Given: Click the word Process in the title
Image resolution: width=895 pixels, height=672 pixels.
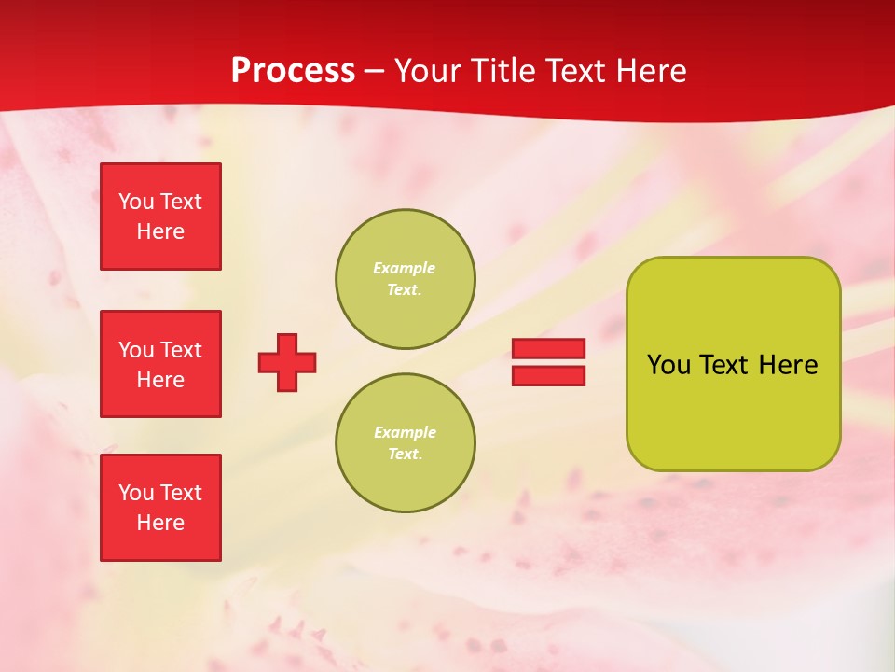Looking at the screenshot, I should [293, 71].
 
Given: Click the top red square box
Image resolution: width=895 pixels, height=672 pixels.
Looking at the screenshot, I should [160, 217].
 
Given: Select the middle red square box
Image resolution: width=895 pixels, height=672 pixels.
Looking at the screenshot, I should [160, 364].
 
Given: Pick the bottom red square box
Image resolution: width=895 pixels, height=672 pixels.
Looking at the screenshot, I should [160, 508].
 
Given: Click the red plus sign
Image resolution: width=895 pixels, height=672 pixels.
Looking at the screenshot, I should [287, 362].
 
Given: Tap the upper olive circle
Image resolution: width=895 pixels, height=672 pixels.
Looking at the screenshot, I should [406, 279].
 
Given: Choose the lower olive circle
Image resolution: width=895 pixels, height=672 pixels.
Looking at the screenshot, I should [406, 443].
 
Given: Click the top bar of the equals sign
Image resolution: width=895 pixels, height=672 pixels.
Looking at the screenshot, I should [548, 349].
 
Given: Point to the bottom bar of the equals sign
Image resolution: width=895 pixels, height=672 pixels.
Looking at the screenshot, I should [548, 375].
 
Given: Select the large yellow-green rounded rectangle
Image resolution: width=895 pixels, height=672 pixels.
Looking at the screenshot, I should [733, 364].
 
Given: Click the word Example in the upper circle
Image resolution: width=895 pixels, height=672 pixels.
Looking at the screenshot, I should [405, 268].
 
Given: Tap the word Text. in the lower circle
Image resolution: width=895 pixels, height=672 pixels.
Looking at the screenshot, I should [405, 455].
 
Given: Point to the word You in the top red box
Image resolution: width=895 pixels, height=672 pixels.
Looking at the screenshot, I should [136, 202].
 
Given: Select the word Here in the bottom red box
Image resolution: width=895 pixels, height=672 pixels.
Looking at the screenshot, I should [160, 523].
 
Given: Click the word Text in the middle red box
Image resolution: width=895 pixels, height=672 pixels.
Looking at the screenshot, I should [180, 350].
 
